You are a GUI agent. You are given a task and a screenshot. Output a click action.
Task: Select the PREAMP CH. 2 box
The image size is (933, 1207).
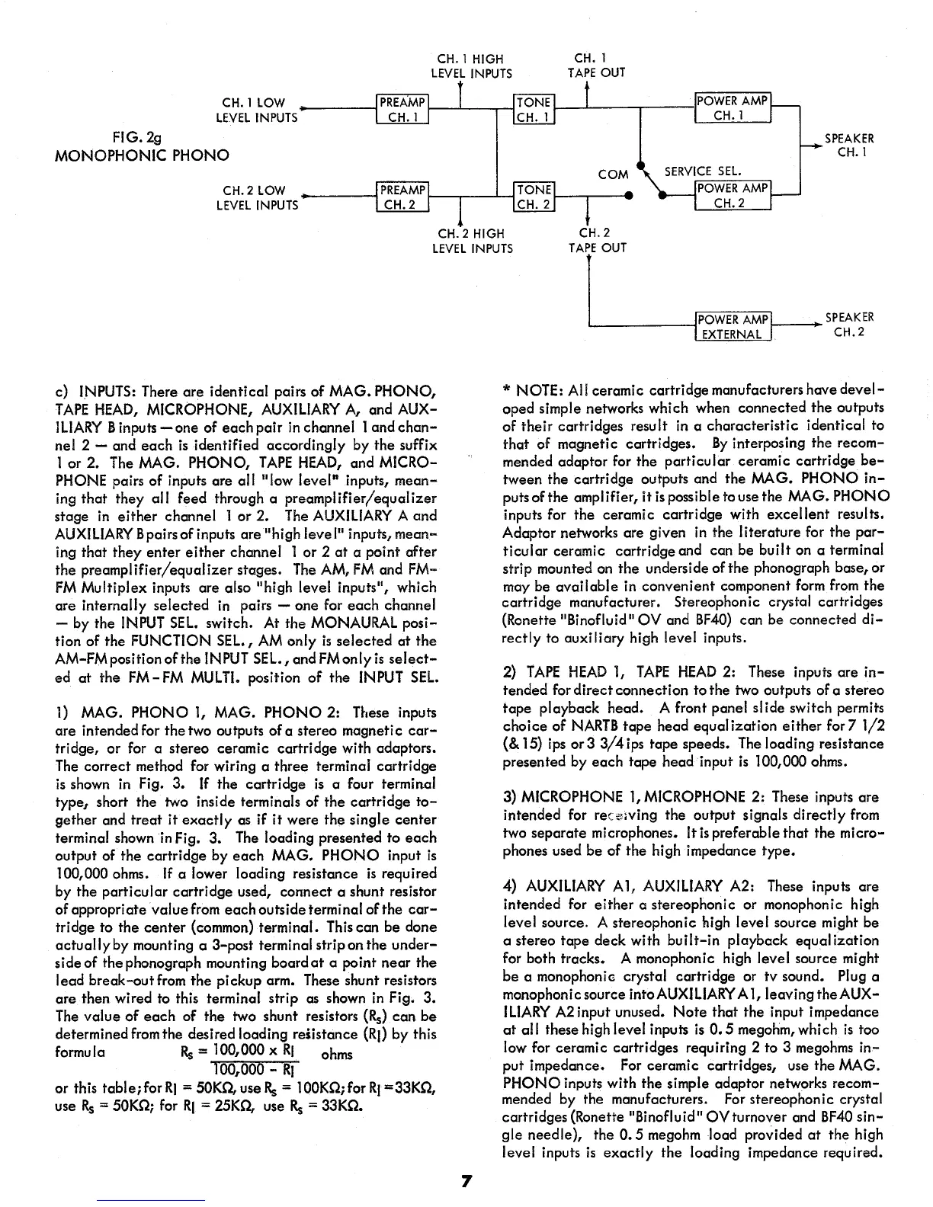(403, 197)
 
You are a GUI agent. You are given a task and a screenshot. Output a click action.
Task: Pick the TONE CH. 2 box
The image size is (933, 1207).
(534, 197)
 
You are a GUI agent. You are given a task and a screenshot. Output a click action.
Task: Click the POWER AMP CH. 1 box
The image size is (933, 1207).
(733, 108)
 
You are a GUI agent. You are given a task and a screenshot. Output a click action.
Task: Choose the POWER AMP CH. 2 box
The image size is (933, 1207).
(733, 196)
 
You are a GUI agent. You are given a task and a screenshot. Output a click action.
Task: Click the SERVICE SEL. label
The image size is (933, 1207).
(703, 172)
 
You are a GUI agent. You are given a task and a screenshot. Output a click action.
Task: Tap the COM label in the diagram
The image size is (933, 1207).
(613, 174)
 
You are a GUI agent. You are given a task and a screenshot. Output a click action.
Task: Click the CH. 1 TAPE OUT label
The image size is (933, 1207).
(596, 66)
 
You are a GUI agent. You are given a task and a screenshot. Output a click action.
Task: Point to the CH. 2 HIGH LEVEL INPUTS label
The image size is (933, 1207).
(472, 241)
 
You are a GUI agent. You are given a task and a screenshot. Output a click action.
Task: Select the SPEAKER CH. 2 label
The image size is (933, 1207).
(849, 325)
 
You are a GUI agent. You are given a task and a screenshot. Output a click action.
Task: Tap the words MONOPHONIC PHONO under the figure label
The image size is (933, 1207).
(143, 156)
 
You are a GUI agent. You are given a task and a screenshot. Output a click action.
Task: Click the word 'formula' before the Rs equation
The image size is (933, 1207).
(80, 1052)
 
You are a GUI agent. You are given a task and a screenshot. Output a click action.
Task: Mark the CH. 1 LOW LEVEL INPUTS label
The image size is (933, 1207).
(256, 110)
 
